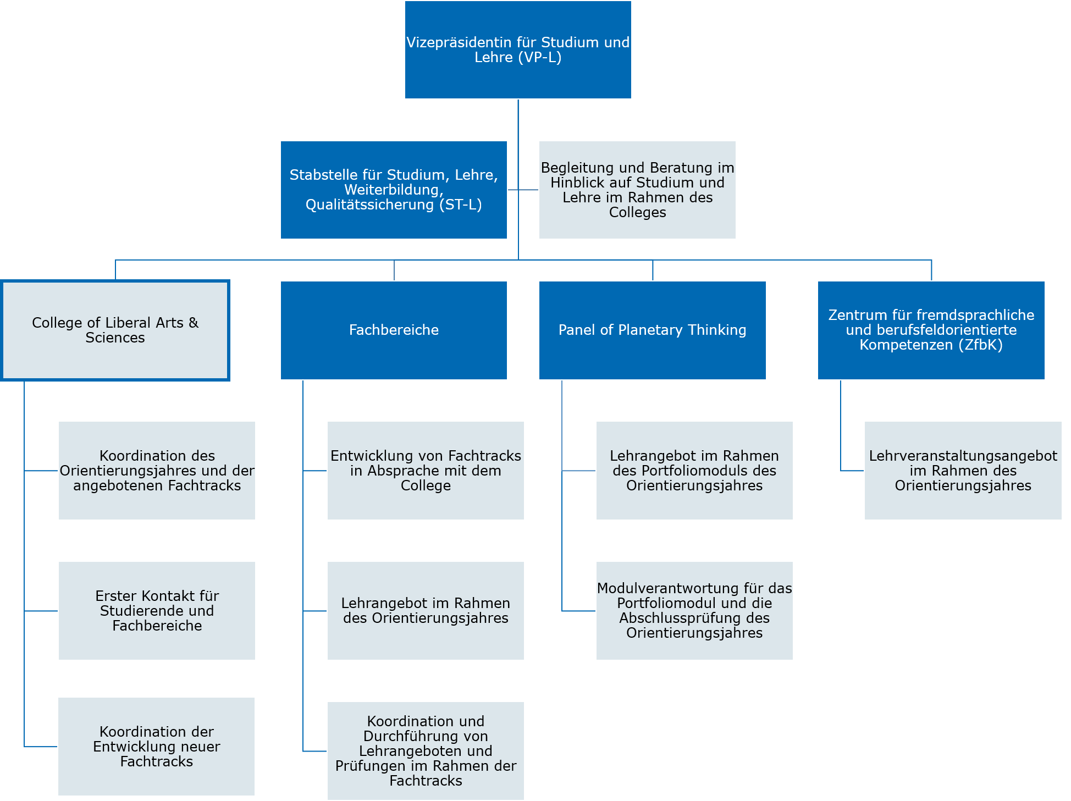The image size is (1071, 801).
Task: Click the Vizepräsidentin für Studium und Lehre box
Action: [518, 49]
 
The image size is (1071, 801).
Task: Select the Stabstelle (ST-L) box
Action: [394, 190]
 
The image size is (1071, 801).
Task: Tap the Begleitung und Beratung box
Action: [637, 190]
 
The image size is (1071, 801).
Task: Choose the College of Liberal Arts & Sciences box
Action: [115, 330]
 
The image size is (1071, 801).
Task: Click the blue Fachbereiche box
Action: [394, 330]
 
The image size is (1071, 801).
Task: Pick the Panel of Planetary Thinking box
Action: [653, 330]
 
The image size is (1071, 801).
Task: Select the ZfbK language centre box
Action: [931, 330]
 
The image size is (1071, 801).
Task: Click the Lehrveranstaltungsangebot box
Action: [963, 471]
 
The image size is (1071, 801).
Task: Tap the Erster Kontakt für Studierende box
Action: [157, 611]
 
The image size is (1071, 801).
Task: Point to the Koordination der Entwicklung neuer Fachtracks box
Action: [157, 747]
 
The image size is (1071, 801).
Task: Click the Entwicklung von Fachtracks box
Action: [426, 471]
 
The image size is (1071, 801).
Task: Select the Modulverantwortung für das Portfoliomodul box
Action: [694, 611]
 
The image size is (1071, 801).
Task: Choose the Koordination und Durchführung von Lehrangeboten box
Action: [426, 751]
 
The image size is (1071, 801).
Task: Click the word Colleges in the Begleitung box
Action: [638, 213]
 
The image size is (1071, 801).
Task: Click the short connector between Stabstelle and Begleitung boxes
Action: [523, 190]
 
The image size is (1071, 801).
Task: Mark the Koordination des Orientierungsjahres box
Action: [157, 471]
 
